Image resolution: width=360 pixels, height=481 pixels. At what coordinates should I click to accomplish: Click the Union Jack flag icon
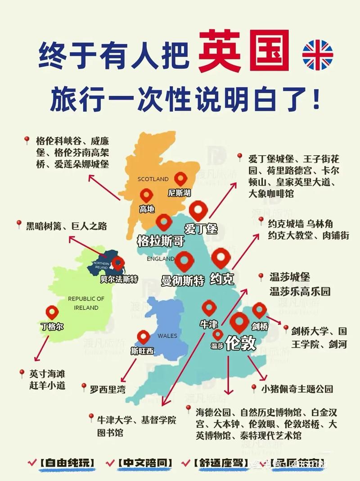[318, 55]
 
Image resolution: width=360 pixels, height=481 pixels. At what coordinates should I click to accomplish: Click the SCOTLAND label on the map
[153, 179]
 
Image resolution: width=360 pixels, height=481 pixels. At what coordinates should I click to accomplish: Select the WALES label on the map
[167, 336]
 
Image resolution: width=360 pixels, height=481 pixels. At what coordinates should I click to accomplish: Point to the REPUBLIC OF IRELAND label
[86, 303]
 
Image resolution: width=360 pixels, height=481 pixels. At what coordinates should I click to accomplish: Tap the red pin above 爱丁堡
[198, 211]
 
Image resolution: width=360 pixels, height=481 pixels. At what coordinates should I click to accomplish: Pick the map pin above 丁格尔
[52, 312]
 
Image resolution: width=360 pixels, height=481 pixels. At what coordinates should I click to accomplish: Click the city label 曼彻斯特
[183, 280]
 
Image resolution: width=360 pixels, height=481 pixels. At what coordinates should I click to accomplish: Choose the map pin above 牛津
[209, 308]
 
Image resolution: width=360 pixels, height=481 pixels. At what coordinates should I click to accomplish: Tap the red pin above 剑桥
[259, 310]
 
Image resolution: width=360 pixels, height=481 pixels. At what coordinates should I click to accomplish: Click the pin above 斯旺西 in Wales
[144, 337]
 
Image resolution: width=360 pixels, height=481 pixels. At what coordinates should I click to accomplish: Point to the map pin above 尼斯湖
[180, 179]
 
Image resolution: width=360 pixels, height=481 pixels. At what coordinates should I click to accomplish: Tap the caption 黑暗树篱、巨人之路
[66, 226]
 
